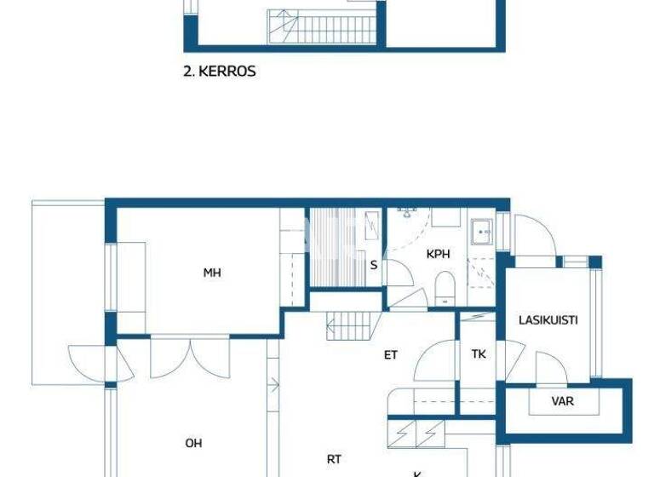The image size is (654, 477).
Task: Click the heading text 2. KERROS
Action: coord(220,72)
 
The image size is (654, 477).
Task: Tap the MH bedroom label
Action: coord(212,273)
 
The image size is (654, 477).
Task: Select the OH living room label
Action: coord(193,443)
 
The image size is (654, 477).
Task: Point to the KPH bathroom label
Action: coord(438,254)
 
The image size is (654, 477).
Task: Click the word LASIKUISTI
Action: coord(548,320)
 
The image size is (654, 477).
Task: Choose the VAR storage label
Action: coord(562,401)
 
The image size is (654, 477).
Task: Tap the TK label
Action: coord(479,353)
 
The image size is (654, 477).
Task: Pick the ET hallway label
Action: coord(390,355)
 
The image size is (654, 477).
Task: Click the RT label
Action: coord(334,459)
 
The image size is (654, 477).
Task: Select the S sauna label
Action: coord(373,265)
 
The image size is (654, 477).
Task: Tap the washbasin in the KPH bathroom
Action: coord(482,232)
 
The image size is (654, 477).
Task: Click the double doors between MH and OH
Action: coord(178,356)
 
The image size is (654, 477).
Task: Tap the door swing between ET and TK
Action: coord(436,362)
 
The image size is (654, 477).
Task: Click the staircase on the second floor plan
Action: coord(322,27)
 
